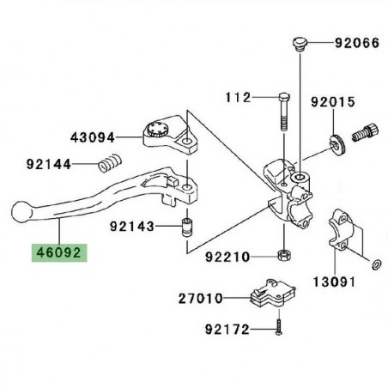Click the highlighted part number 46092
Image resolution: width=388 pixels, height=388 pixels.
tap(59, 253)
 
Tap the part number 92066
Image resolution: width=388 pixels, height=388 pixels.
tap(357, 43)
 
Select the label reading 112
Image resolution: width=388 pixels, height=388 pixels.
tap(238, 98)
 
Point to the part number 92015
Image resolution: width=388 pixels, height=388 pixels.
tap(333, 102)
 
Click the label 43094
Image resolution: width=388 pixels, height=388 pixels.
tap(93, 137)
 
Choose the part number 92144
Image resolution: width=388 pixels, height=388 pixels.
tap(49, 164)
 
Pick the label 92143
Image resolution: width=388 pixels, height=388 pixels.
tap(132, 227)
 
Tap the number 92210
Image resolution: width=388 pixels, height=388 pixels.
tap(227, 257)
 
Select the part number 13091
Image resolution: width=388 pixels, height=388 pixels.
tap(334, 282)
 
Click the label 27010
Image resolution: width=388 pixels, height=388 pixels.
tap(201, 299)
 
